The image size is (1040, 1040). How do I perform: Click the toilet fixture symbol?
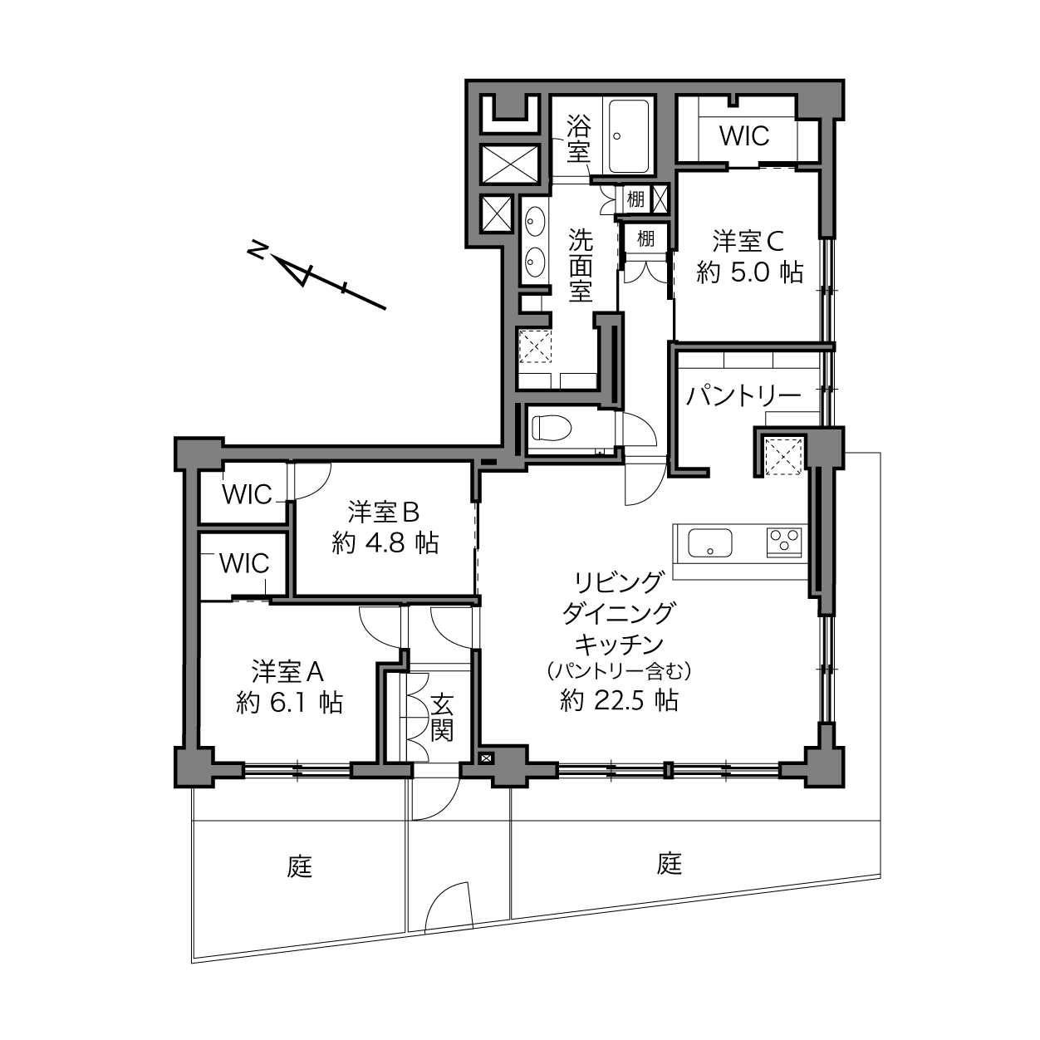(x=551, y=429)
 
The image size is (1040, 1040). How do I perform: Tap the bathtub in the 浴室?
(x=629, y=136)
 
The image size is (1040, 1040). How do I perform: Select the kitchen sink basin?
(x=709, y=543)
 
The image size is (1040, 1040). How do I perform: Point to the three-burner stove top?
(x=784, y=542)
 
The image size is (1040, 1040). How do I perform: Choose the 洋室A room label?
(x=287, y=671)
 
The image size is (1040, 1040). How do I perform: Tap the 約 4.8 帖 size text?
(x=385, y=542)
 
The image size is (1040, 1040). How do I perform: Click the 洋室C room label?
(x=748, y=241)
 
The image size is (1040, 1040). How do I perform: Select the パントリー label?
(x=743, y=397)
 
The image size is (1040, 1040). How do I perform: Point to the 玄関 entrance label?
(x=442, y=717)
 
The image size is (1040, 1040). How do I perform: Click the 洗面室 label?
(x=581, y=265)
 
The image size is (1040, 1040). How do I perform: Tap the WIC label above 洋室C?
(x=744, y=136)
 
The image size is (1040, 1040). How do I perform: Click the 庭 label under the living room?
(x=670, y=863)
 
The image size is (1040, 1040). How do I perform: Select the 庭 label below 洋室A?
(x=300, y=867)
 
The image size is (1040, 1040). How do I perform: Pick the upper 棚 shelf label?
(x=635, y=199)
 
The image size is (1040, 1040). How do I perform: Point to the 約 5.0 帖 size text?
(x=749, y=272)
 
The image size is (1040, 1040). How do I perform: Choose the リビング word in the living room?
(x=619, y=581)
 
